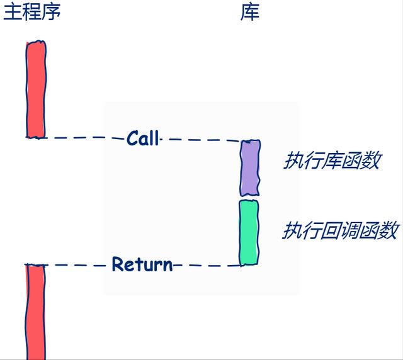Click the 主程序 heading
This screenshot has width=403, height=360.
click(x=32, y=12)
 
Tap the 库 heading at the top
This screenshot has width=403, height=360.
click(x=250, y=13)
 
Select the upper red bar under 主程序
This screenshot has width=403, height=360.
click(x=36, y=89)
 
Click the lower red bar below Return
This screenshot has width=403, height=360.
click(x=35, y=312)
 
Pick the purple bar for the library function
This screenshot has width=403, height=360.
click(x=250, y=168)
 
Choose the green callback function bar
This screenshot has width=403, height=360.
click(x=249, y=232)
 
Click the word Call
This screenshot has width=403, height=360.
click(x=143, y=138)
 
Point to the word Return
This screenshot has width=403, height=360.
click(x=142, y=264)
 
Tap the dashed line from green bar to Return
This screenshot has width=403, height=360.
click(x=207, y=265)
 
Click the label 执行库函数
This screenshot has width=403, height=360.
click(x=333, y=160)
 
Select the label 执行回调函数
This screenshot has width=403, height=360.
click(x=341, y=230)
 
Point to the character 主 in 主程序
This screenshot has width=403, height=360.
click(x=13, y=13)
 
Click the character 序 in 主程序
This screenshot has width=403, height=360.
click(x=52, y=13)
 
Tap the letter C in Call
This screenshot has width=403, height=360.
click(x=132, y=138)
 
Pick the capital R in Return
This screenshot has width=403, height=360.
click(x=118, y=264)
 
